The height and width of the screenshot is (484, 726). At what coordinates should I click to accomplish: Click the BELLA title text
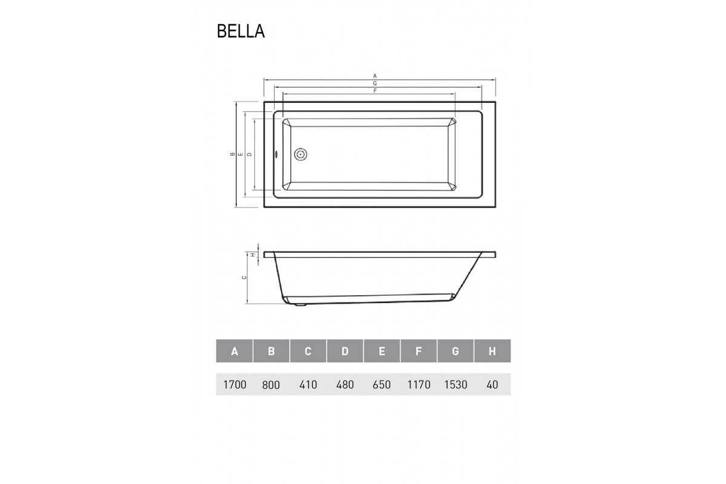tap(241, 31)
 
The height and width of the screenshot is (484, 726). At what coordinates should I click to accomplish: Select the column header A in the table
tap(234, 352)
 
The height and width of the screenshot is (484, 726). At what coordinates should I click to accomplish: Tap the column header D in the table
tap(345, 352)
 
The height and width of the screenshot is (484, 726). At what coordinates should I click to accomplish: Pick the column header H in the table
tap(492, 352)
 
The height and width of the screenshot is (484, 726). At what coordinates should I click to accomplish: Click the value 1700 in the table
tap(234, 385)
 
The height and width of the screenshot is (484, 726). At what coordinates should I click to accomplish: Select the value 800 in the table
tap(272, 385)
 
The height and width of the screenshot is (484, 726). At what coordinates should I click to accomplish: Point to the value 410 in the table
tap(308, 385)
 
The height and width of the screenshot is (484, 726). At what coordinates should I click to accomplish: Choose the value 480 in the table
tap(345, 385)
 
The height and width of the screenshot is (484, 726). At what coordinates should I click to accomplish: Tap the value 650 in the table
tap(382, 385)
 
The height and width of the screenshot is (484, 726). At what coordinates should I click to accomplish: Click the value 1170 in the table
tap(419, 385)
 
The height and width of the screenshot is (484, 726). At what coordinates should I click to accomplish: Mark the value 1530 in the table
tap(456, 385)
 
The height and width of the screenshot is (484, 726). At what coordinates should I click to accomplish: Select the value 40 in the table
tap(492, 385)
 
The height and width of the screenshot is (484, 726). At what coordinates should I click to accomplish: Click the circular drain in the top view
tap(301, 154)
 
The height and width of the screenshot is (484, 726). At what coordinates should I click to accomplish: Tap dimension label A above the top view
tap(375, 76)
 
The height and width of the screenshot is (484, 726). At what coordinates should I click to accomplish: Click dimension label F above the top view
tap(375, 91)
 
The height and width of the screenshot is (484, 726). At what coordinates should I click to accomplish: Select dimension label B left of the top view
tap(232, 155)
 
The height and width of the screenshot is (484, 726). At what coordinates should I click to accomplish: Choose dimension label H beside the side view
tap(254, 255)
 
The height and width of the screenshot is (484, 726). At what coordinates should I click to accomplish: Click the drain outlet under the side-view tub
tap(300, 306)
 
